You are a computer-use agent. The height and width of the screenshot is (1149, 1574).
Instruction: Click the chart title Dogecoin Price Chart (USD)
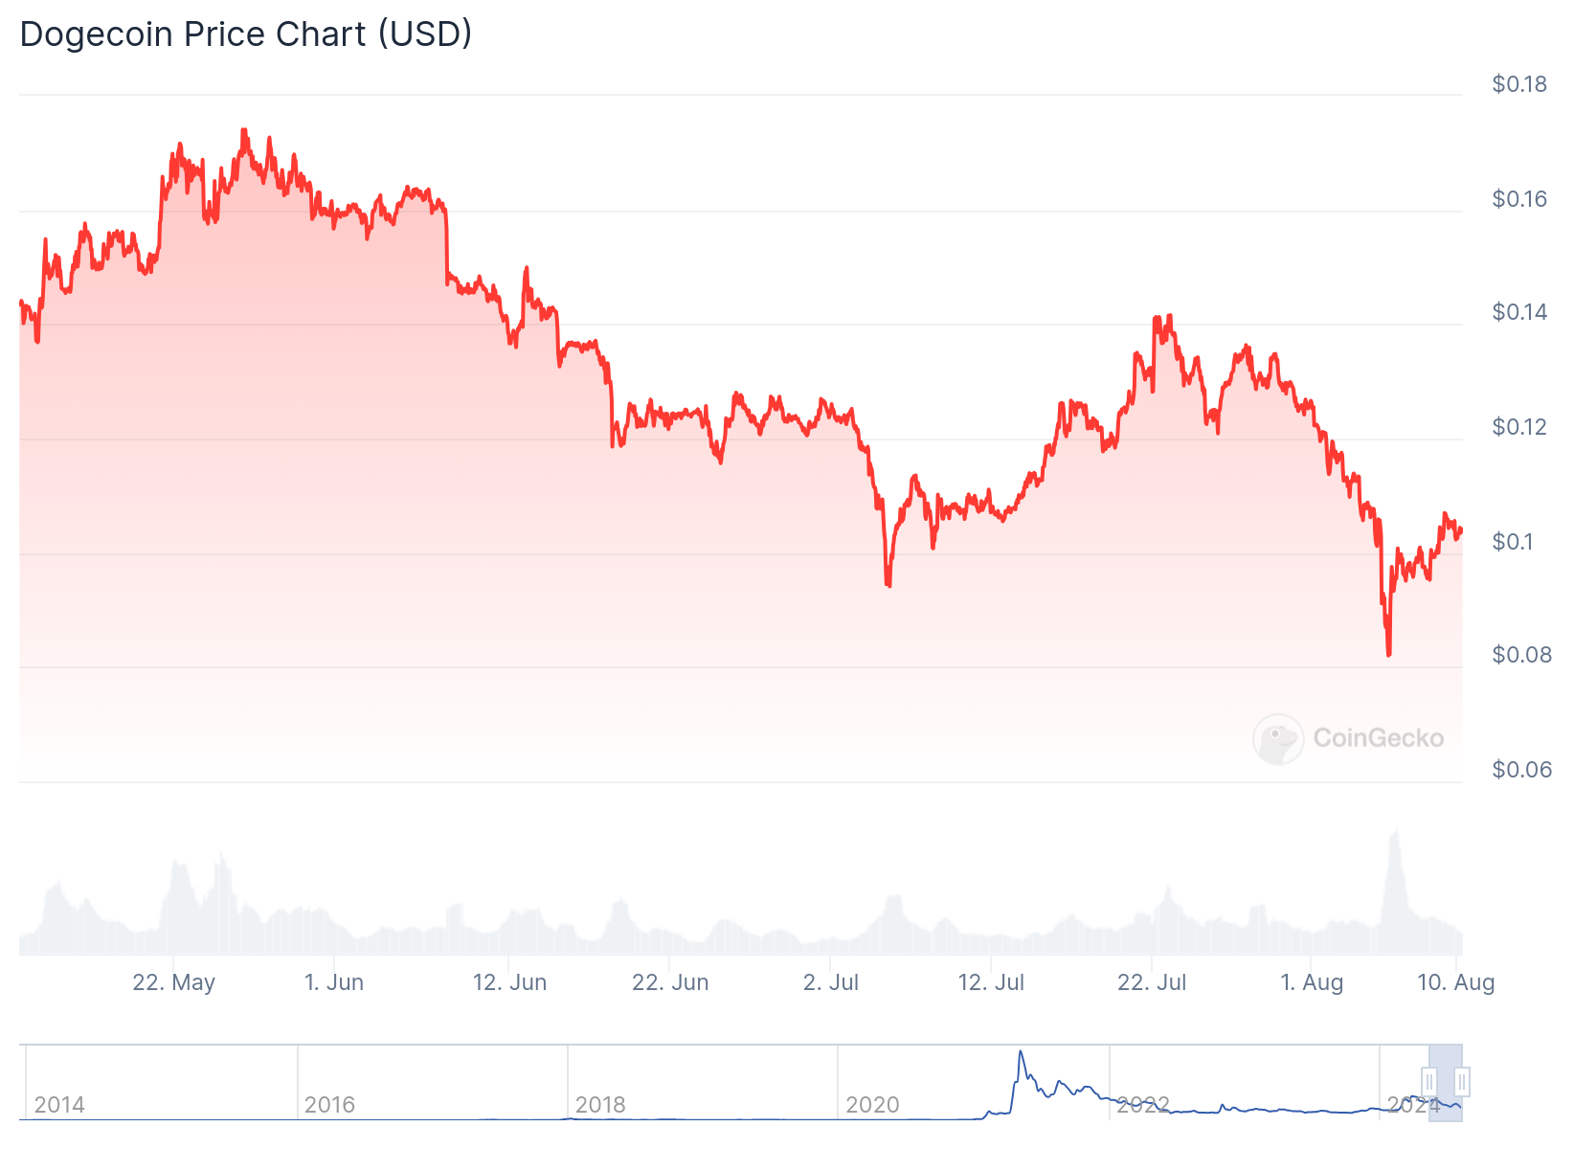click(x=246, y=34)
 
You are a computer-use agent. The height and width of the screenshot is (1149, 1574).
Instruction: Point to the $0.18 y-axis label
click(x=1518, y=84)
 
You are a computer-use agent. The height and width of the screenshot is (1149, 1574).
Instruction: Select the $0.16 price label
click(x=1518, y=199)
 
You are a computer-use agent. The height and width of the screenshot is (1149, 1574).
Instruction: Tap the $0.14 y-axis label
click(x=1518, y=312)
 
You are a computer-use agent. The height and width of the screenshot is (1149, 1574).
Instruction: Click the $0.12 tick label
click(x=1518, y=427)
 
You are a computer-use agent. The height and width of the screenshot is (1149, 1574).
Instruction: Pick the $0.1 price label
click(x=1512, y=542)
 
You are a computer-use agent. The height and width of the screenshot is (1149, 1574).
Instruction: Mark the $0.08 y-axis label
click(x=1518, y=655)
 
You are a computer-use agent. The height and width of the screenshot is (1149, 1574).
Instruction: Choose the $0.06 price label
click(x=1518, y=770)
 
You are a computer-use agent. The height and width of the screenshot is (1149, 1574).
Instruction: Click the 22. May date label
click(x=173, y=982)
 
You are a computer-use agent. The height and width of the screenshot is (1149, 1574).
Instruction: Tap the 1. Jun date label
click(x=334, y=982)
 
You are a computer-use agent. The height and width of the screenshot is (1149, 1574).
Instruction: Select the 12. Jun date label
click(x=509, y=982)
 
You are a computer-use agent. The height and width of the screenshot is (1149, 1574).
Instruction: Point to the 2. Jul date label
click(x=831, y=982)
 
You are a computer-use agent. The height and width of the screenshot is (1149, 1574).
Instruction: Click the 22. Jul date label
click(x=1152, y=982)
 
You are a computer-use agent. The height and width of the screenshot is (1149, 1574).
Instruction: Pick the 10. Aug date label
click(x=1455, y=982)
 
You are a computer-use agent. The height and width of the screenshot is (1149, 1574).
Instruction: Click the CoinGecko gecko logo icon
click(x=1278, y=738)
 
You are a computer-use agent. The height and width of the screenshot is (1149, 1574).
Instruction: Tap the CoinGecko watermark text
click(x=1378, y=738)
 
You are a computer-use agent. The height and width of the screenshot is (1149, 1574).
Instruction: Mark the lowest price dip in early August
click(x=1388, y=654)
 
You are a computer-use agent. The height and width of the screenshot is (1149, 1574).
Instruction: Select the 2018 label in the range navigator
click(x=600, y=1105)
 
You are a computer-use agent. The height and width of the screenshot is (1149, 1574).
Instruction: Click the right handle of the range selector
click(x=1462, y=1083)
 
